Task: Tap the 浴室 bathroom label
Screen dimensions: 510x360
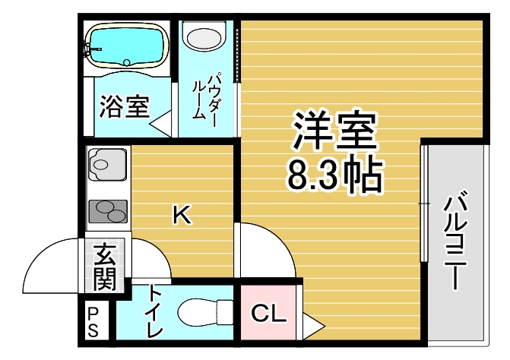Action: tap(125, 106)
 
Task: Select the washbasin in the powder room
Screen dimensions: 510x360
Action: tap(204, 38)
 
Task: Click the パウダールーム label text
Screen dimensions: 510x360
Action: tap(204, 99)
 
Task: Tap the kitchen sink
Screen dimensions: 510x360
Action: tap(107, 164)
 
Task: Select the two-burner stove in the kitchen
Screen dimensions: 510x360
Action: tap(108, 211)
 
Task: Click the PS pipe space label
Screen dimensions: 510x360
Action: tap(93, 322)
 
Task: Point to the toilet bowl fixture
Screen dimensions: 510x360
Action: tap(206, 312)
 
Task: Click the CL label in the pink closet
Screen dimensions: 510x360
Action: tap(268, 313)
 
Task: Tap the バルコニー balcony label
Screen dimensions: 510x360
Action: tap(456, 241)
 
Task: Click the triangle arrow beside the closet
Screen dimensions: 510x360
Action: tap(313, 326)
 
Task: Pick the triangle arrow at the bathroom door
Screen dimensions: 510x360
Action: tap(160, 124)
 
